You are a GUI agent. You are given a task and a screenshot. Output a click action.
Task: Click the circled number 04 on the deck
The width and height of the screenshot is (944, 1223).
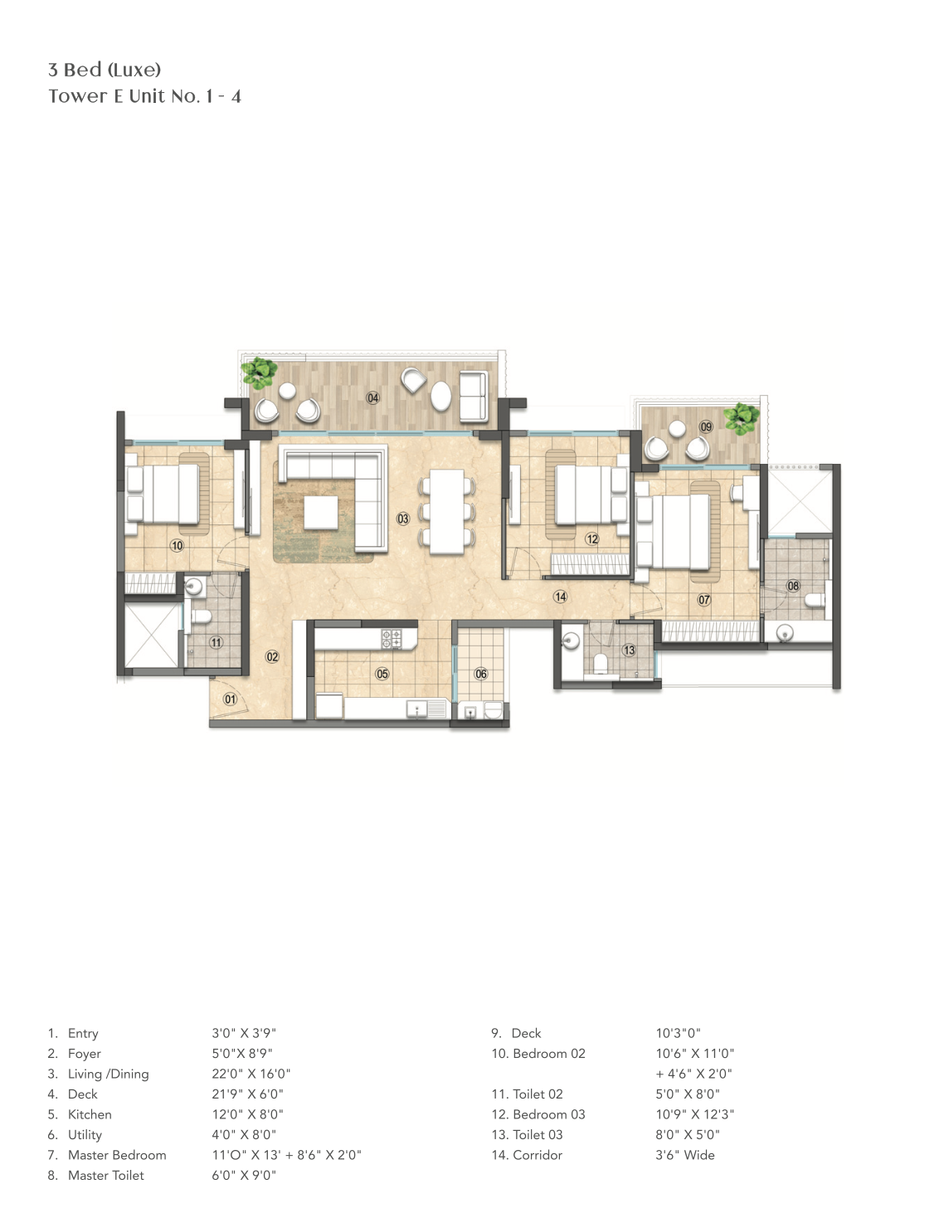pos(373,398)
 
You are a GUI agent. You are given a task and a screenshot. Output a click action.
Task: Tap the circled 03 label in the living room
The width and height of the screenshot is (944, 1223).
pos(403,519)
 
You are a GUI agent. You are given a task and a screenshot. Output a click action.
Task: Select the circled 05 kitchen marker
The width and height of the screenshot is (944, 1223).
pos(382,674)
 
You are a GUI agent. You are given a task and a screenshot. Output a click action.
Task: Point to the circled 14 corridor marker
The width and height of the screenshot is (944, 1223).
pos(560,597)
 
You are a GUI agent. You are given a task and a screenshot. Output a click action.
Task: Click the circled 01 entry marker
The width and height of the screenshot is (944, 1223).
pos(230,699)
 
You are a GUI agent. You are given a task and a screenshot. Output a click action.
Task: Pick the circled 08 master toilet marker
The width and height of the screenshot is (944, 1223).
pos(793,586)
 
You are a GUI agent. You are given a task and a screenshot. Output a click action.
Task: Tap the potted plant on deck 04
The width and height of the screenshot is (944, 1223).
pos(260,372)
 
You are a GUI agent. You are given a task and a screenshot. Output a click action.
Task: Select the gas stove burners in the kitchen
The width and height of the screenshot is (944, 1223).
pos(392,638)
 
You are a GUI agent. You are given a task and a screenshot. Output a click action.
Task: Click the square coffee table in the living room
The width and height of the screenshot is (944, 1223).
pos(321,513)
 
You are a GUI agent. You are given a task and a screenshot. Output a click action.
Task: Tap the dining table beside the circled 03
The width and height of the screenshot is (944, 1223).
pos(448,512)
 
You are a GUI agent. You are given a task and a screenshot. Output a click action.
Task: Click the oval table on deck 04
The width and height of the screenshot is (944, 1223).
pos(441,396)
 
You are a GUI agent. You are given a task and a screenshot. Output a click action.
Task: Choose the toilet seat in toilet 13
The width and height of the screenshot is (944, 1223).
pos(601,664)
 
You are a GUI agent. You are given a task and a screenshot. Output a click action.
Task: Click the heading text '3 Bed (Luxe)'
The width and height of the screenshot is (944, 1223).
pos(105,70)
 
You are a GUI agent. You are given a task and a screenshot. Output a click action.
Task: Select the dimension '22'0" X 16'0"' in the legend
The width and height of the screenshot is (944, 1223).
pos(251,1074)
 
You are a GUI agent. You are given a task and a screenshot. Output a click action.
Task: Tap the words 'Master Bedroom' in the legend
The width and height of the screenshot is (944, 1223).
pos(117,1155)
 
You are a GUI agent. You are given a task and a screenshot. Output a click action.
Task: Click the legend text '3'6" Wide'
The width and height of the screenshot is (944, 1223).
pos(685,1155)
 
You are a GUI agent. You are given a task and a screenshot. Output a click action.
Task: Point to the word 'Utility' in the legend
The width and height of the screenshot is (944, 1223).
pos(85,1135)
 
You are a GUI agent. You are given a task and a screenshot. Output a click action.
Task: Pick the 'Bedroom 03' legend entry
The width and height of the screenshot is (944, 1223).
pos(549,1114)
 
